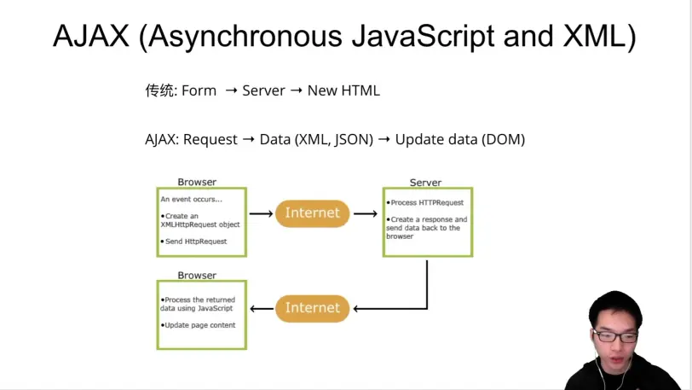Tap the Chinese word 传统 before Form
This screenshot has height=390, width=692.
[159, 90]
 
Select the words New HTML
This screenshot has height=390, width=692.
[343, 90]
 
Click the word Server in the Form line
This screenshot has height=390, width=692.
[263, 90]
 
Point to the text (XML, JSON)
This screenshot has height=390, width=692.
[334, 139]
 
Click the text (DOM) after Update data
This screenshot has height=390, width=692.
[504, 139]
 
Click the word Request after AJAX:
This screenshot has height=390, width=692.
[210, 139]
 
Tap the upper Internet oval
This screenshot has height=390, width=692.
[312, 213]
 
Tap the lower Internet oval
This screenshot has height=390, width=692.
[312, 308]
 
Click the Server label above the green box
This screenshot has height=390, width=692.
[425, 183]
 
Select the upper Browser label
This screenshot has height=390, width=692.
[197, 182]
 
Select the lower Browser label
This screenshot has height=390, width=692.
[197, 276]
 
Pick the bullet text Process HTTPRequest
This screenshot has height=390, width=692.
[427, 203]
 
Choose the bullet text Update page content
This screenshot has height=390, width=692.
[200, 325]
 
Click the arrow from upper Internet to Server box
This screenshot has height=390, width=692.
[366, 214]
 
